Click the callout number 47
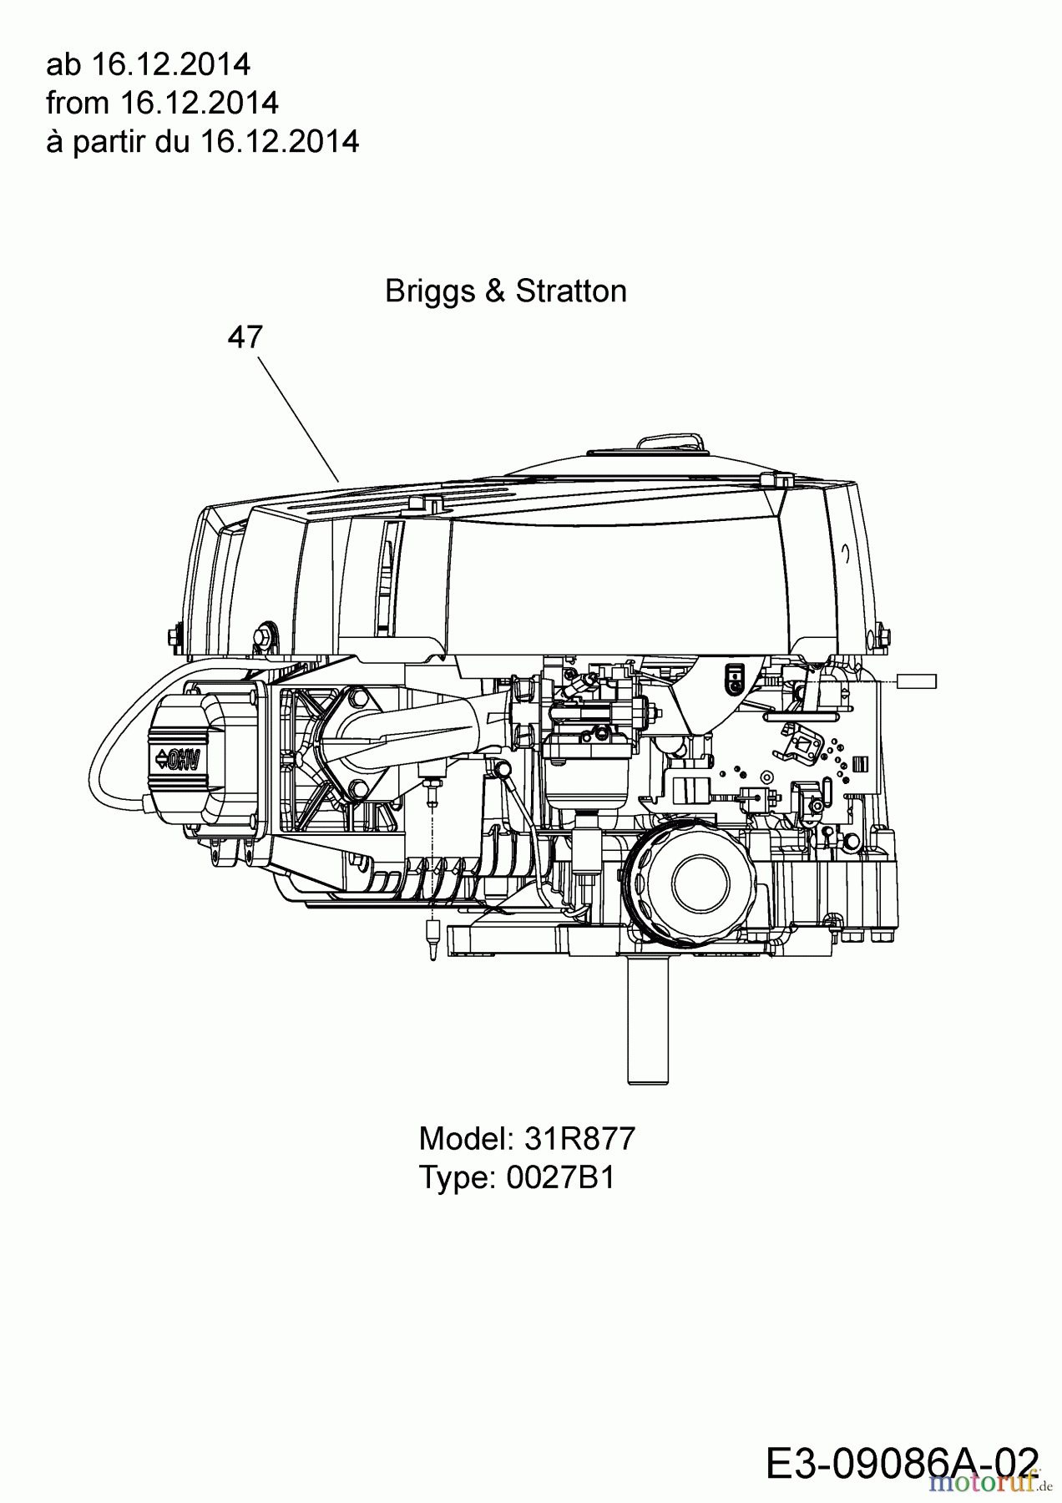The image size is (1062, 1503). coord(245,337)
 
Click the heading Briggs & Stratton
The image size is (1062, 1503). coord(505,291)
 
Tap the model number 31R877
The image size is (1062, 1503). coord(580,1138)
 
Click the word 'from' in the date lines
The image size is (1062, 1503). coord(78,103)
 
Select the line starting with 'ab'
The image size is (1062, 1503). coord(148,64)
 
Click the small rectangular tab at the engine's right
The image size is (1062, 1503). coord(916,681)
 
